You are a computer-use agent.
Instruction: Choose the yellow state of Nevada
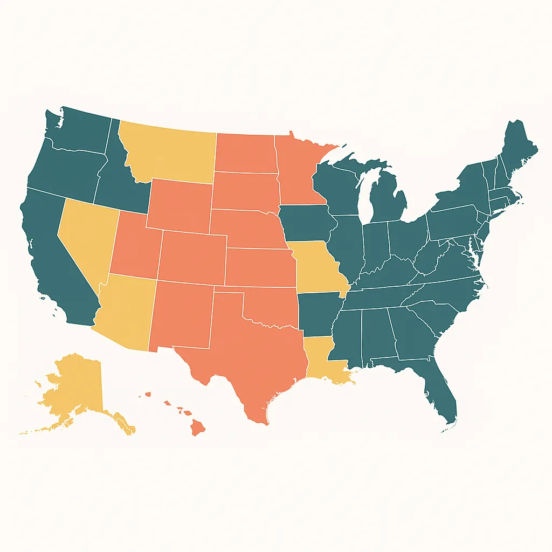86,237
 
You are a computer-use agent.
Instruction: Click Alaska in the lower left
75,388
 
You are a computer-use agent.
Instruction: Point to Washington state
81,129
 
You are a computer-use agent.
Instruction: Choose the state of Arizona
127,313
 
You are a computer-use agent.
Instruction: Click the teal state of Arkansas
318,315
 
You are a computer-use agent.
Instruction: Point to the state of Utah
135,248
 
